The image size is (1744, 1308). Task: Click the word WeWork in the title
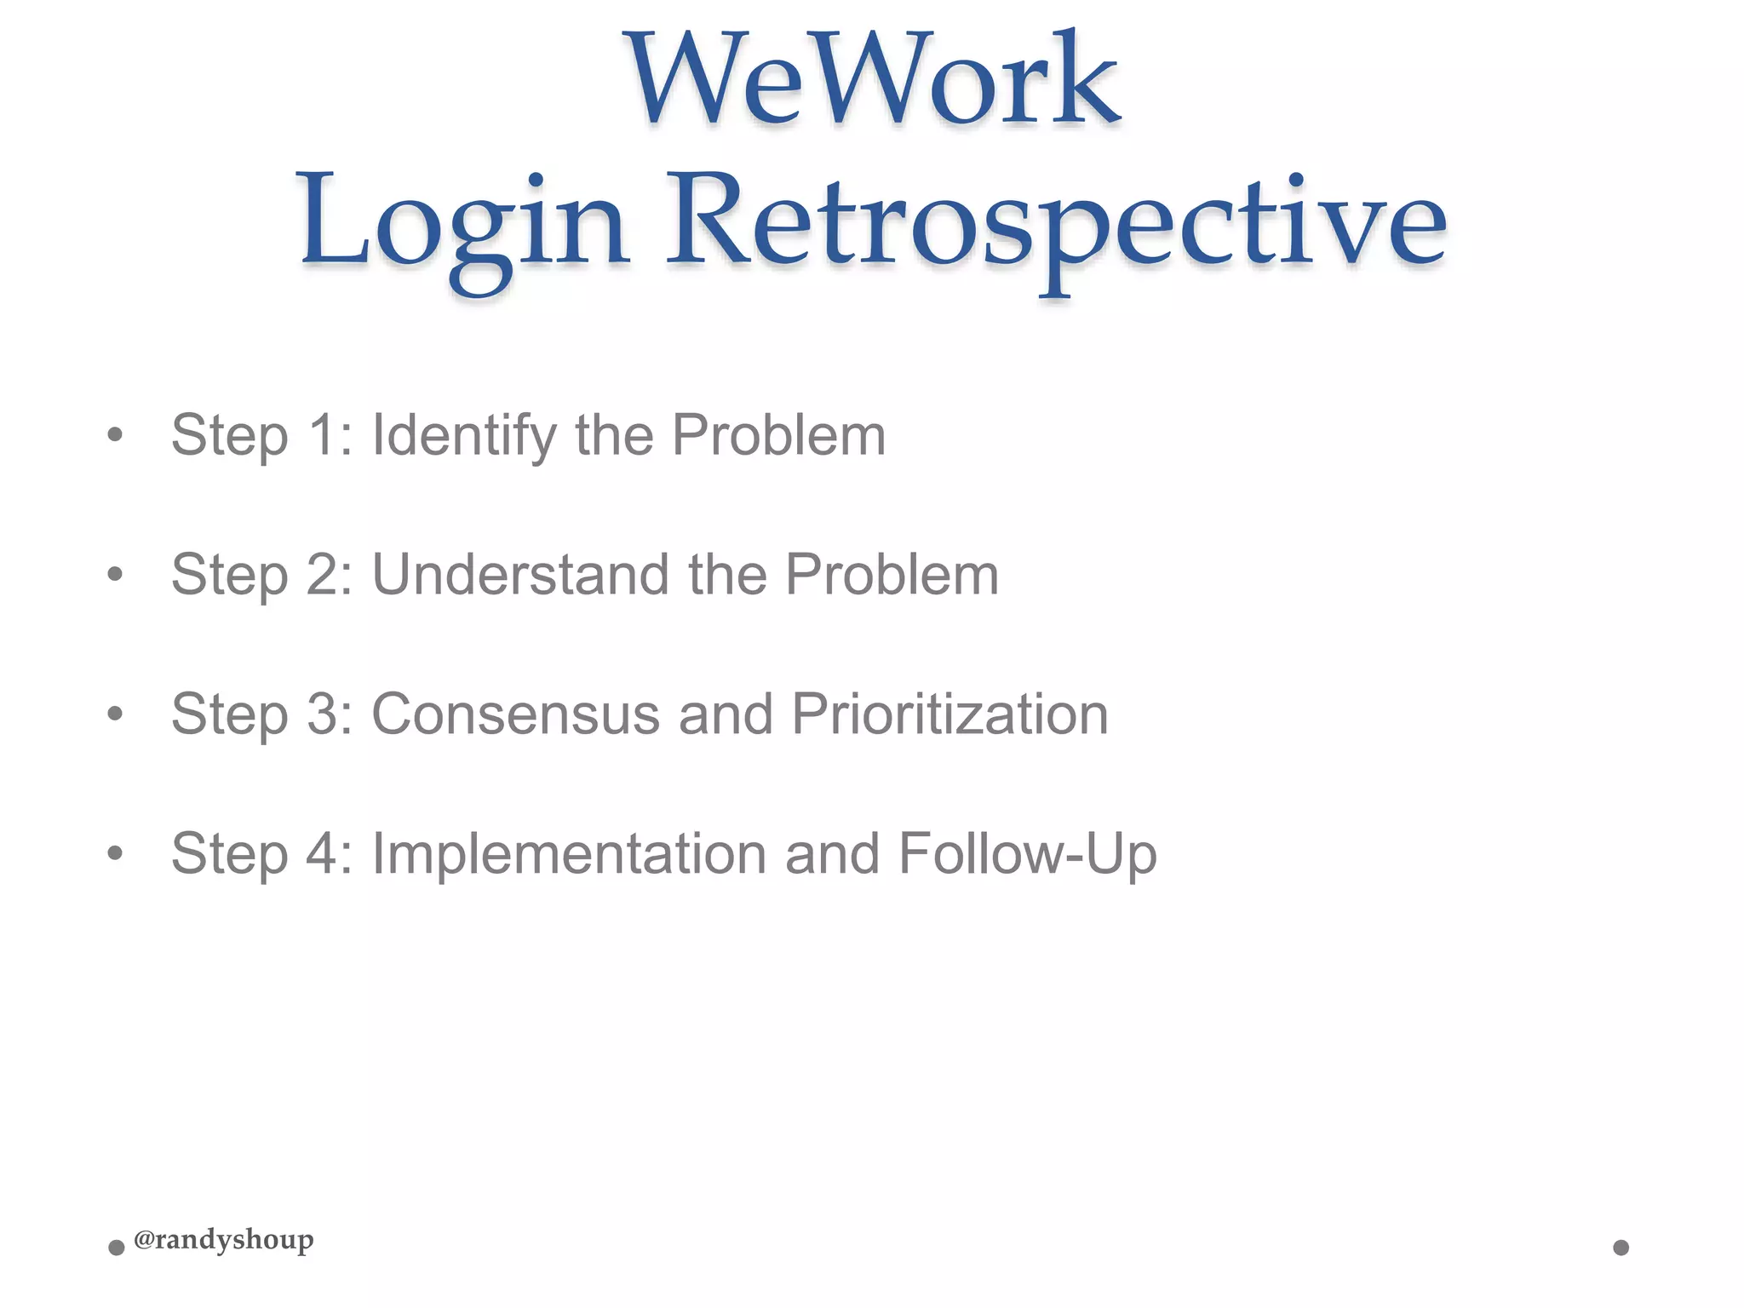tap(872, 81)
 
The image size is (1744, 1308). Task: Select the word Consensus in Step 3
tap(515, 714)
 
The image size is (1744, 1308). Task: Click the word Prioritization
tap(949, 714)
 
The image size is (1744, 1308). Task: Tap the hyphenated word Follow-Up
tap(1027, 853)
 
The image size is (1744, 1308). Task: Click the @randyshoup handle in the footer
tap(224, 1240)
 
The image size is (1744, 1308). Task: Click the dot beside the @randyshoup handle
tap(117, 1248)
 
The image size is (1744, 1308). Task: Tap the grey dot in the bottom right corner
tap(1621, 1248)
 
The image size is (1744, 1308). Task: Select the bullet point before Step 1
tap(115, 436)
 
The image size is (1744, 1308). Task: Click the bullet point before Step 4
tap(115, 852)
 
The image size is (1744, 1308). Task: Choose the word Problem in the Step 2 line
tap(892, 575)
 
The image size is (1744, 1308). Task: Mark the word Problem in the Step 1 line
tap(778, 436)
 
